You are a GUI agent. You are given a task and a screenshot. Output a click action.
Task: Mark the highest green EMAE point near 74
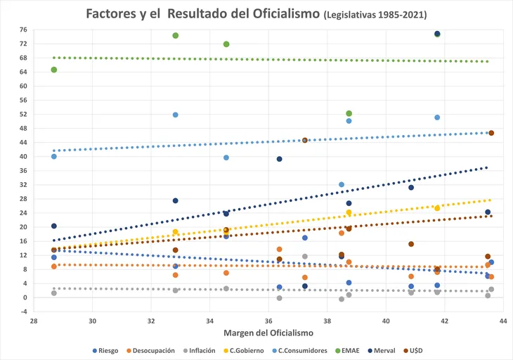[176, 36]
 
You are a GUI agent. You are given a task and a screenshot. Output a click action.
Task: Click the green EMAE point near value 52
[349, 113]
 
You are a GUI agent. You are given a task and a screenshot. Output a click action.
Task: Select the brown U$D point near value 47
[491, 133]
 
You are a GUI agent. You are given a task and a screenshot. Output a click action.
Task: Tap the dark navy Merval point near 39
[279, 159]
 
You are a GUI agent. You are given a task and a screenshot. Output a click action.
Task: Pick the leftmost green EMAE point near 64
[54, 70]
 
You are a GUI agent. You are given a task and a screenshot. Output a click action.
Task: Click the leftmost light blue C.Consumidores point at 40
[54, 156]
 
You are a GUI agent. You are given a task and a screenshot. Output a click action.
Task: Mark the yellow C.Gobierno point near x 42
[437, 208]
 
